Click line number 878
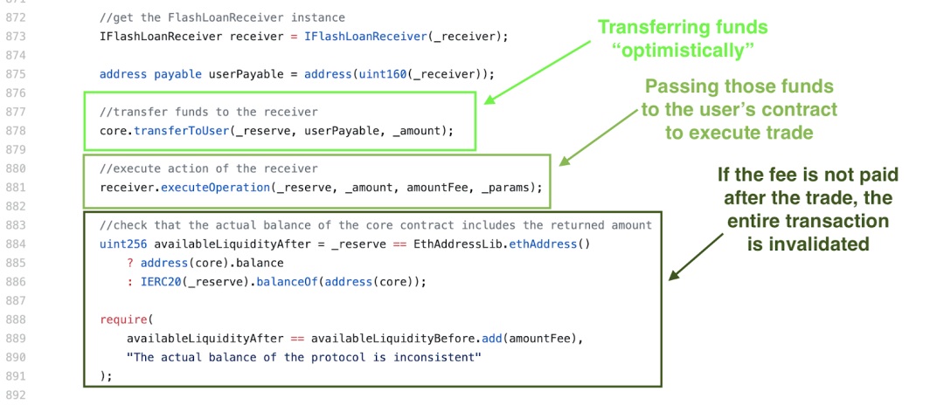[17, 130]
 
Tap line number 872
[17, 17]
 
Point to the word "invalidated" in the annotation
[808, 245]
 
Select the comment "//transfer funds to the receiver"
[208, 112]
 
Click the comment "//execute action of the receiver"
[208, 168]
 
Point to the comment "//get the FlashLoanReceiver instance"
[222, 17]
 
